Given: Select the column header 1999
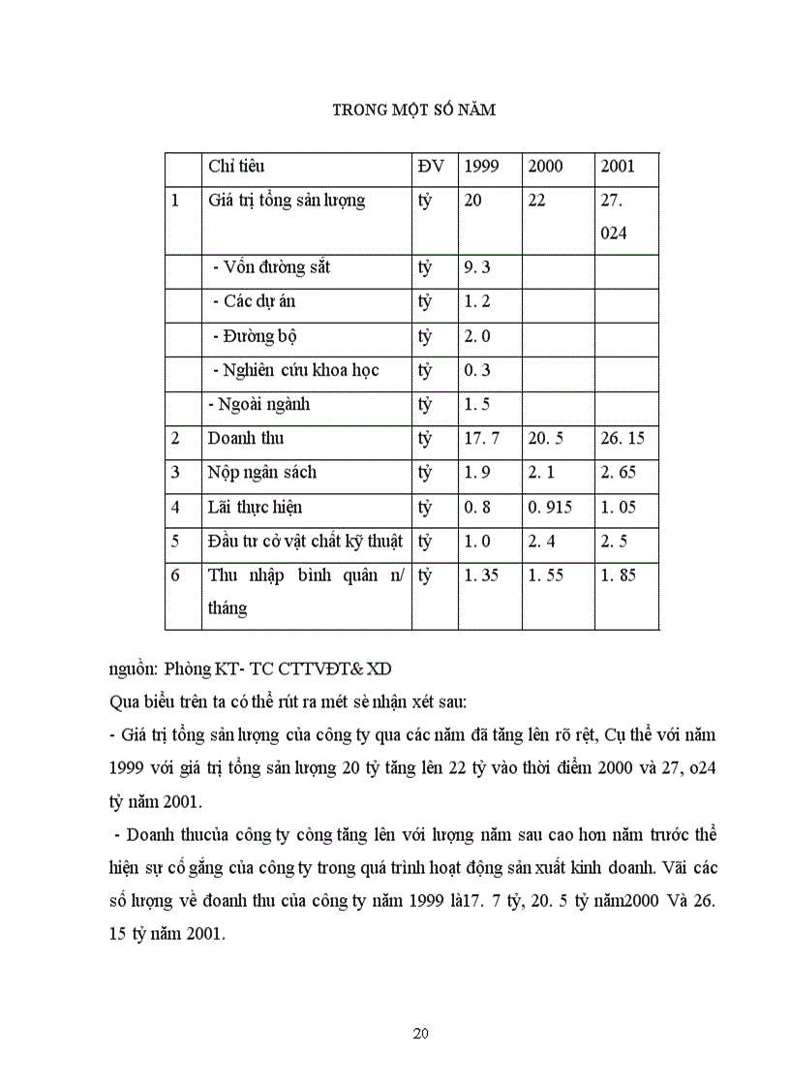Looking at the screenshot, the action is tap(481, 166).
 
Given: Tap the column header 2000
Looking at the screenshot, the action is tap(545, 166).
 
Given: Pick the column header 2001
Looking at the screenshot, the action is tap(618, 166).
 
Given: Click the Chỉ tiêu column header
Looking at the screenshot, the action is tap(236, 166).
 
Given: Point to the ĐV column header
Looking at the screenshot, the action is tap(431, 166).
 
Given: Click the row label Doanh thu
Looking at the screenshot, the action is tap(246, 438).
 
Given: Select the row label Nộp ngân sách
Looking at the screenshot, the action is tap(262, 473).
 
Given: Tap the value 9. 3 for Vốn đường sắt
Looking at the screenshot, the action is tap(477, 266).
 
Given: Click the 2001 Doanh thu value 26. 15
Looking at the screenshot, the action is tap(623, 438).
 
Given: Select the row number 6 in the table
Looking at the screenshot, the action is tap(175, 575).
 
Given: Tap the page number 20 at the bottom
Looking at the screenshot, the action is tap(420, 1033).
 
